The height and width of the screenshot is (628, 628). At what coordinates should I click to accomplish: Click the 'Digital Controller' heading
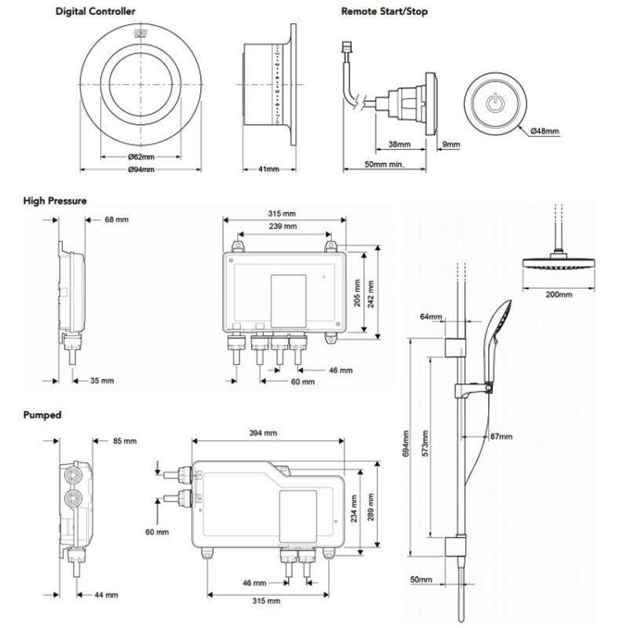94,11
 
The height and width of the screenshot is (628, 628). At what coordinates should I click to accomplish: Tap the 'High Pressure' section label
54,201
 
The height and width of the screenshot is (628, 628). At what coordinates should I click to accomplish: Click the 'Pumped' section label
42,414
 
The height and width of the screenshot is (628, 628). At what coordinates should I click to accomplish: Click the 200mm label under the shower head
558,294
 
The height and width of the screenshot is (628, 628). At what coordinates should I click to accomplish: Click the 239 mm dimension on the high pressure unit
283,226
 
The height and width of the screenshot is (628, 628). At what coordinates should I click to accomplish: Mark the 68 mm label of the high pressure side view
115,219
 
